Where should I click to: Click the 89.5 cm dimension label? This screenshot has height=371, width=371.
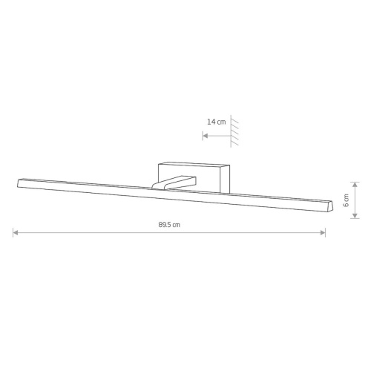[169, 225]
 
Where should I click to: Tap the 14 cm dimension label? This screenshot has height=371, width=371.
[217, 122]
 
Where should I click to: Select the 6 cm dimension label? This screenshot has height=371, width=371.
[347, 200]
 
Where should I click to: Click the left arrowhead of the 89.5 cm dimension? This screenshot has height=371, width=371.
[16, 232]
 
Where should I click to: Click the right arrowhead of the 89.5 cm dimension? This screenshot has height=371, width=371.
[323, 232]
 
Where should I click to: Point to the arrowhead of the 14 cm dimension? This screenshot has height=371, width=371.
[205, 136]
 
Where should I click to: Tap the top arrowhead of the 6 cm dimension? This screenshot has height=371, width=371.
[355, 185]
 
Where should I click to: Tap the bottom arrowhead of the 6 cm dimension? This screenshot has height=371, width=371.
[355, 216]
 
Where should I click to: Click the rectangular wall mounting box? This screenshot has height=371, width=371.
[194, 177]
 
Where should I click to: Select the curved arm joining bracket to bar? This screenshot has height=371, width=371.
[174, 183]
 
